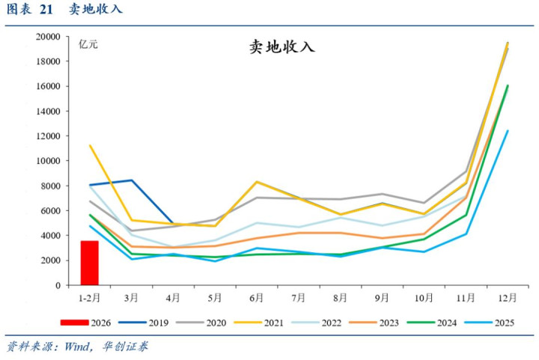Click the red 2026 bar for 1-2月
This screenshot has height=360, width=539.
89,263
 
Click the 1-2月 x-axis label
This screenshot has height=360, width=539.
89,297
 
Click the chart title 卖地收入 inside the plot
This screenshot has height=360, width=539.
281,47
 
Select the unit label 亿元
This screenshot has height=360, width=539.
88,44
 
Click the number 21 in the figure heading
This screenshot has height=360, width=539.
46,10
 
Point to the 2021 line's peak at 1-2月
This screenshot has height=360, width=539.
90,145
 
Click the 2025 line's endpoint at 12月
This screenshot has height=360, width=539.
508,131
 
